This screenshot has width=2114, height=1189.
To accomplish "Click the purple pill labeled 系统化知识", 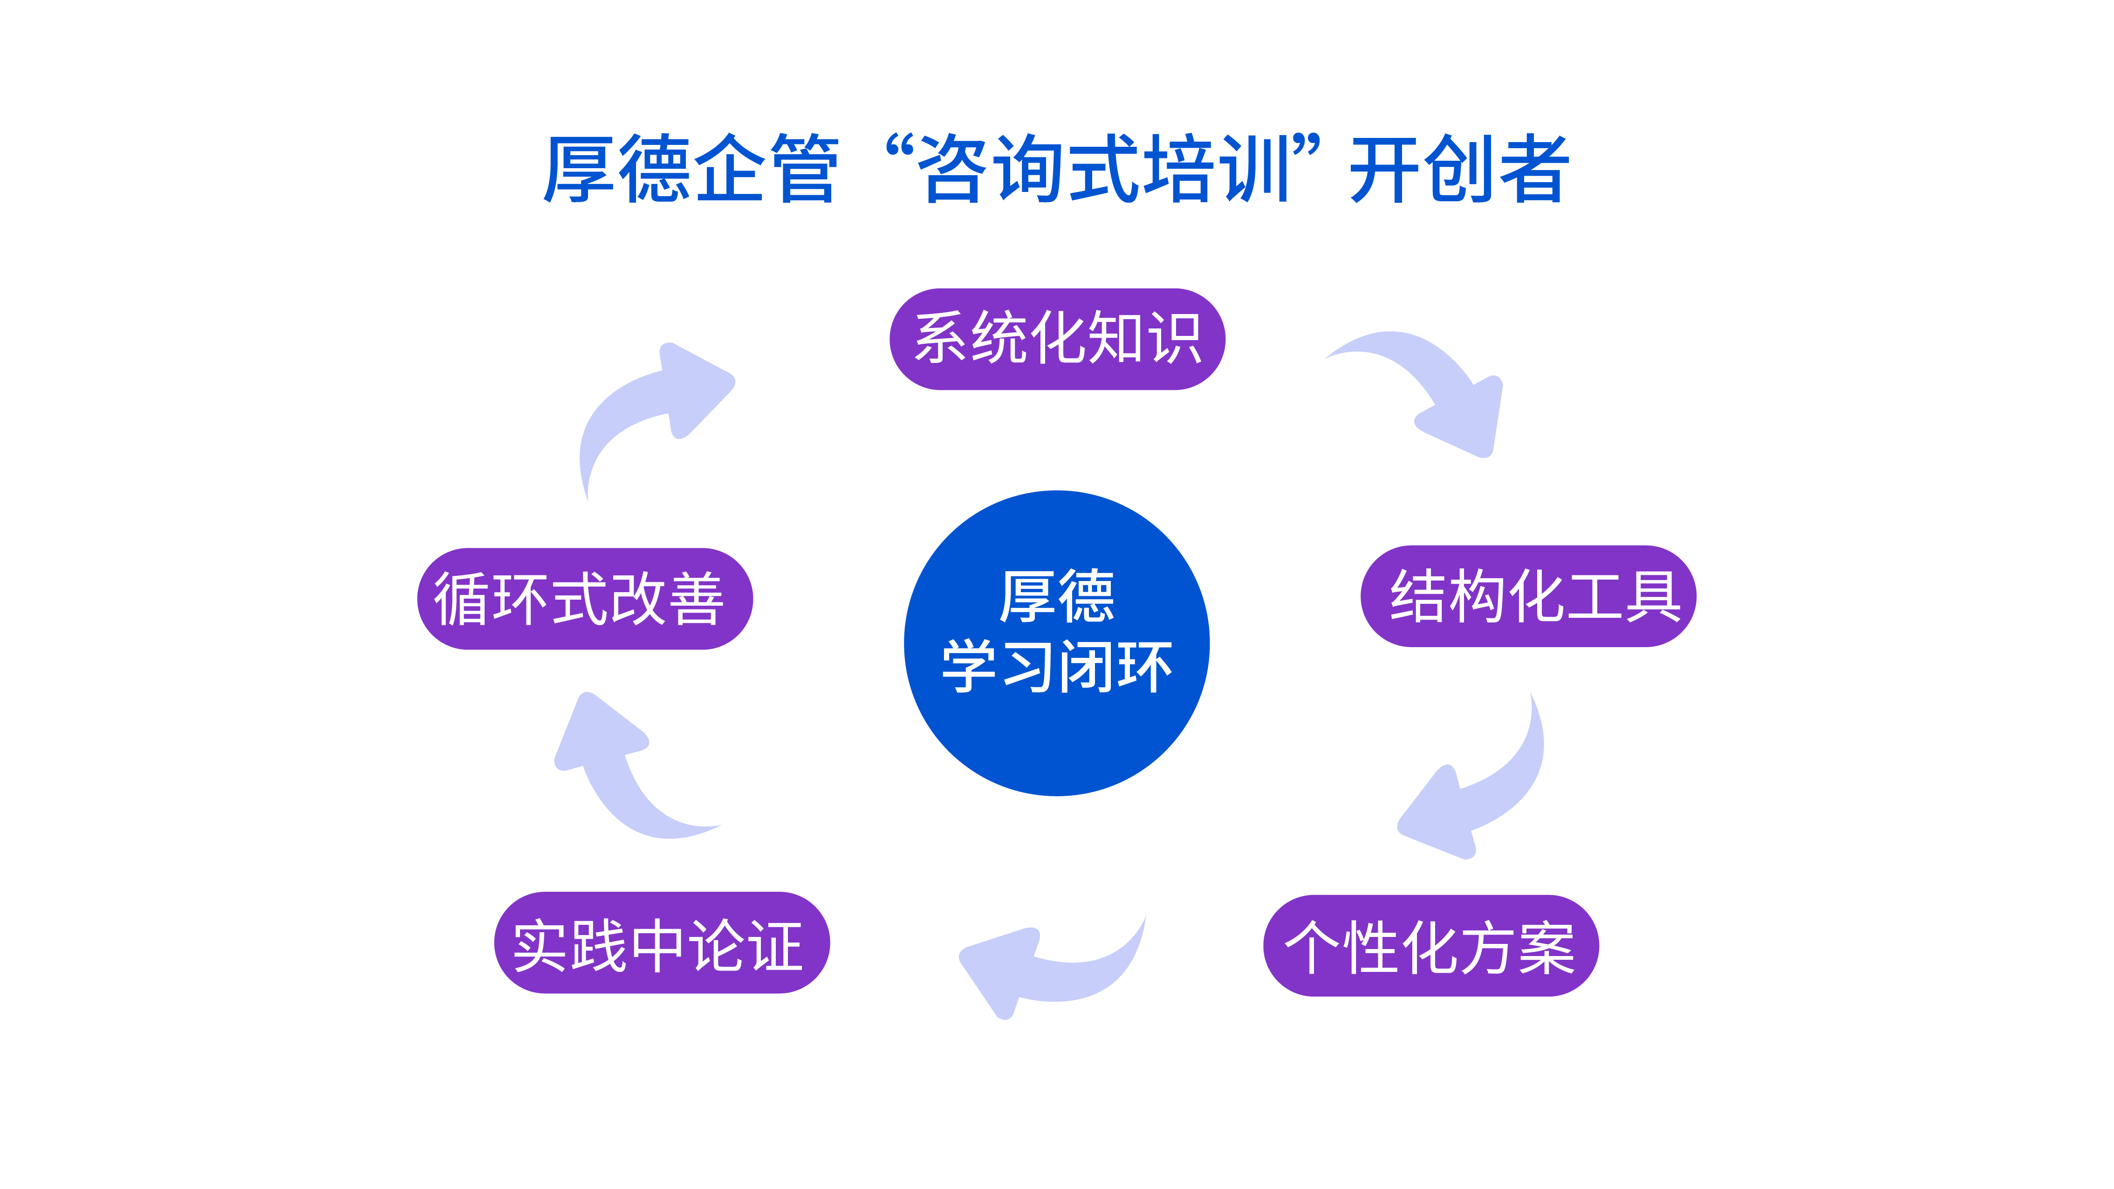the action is coord(1057,339).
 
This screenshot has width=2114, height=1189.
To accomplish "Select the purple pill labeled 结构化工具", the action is coord(1528,596).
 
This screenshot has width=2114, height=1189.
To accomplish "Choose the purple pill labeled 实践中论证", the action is coord(662,943).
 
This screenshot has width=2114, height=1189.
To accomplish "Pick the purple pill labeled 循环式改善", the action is coord(585,599).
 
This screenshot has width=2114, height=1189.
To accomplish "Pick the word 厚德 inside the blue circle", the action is coord(1057,596).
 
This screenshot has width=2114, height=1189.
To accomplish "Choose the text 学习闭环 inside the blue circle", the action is coord(1057,666).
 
